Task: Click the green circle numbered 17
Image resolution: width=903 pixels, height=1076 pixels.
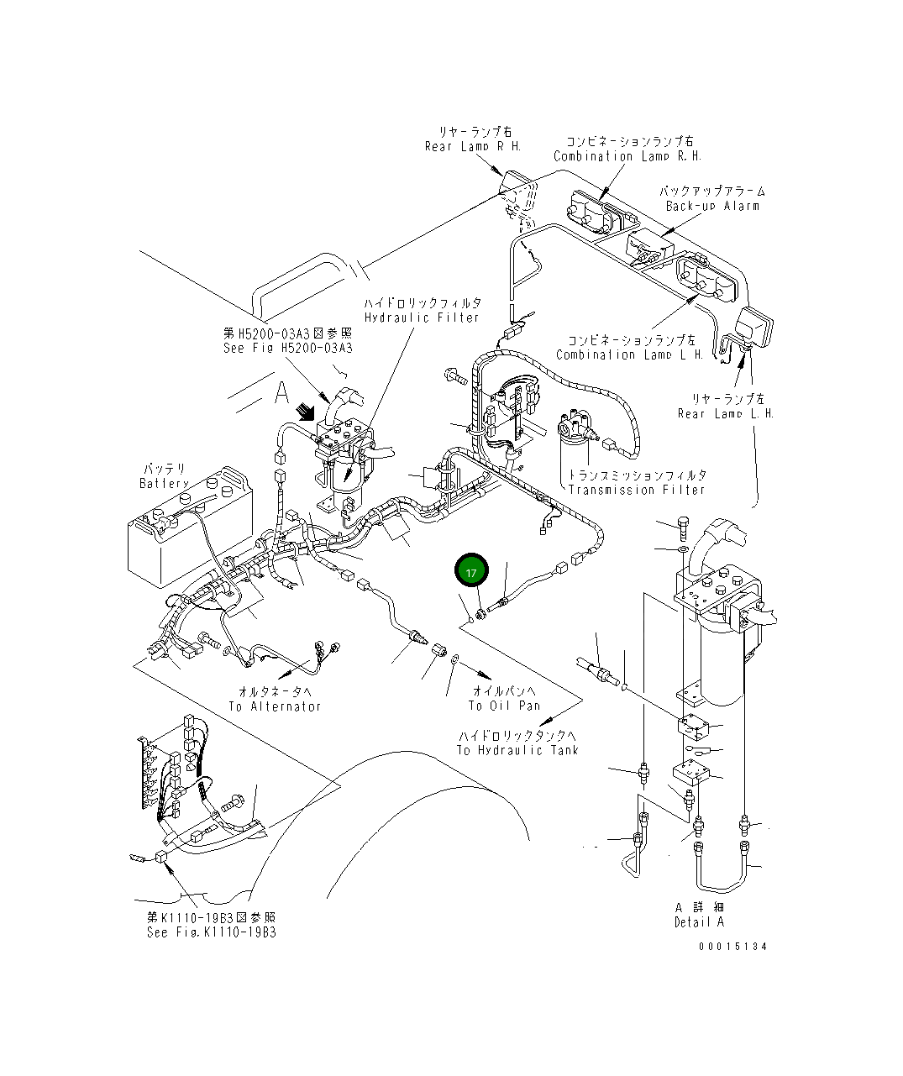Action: (471, 572)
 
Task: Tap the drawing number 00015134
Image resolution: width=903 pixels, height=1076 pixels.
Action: (732, 947)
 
